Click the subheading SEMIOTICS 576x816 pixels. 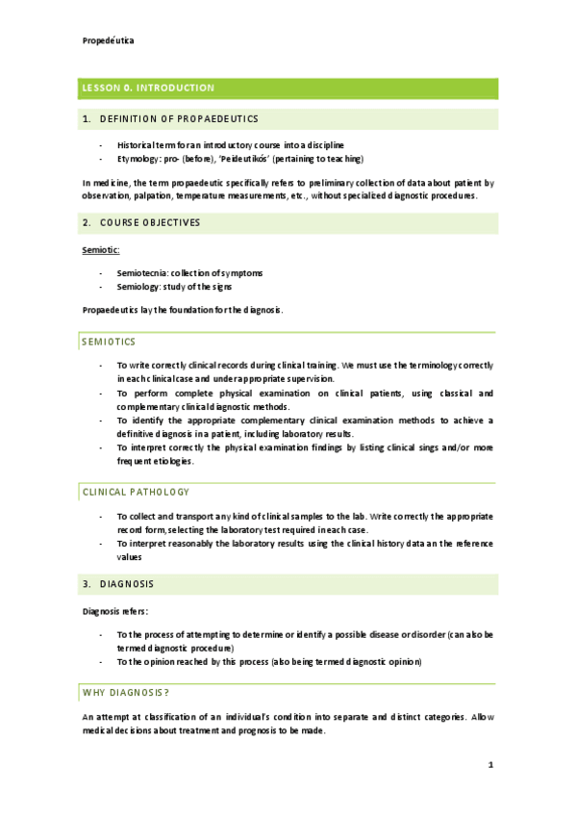[109, 342]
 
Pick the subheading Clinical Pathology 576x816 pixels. [136, 492]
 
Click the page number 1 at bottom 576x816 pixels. [490, 765]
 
